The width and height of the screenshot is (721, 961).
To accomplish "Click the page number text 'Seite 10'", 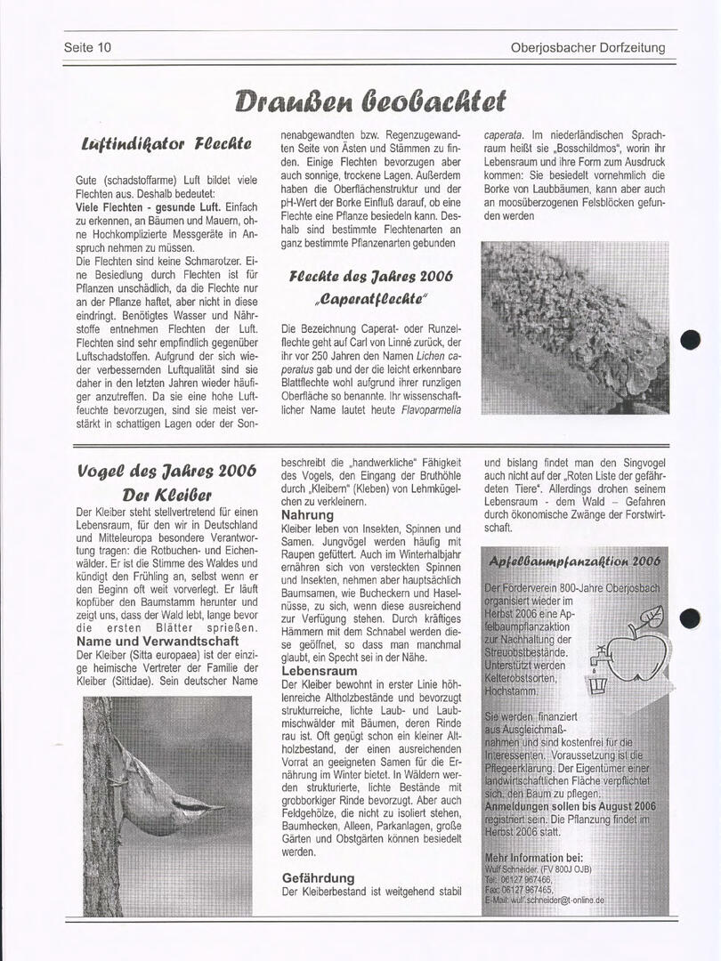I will (x=87, y=48).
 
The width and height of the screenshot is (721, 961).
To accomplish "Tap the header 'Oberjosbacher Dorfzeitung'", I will (x=587, y=48).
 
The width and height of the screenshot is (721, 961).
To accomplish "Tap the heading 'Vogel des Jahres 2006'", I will (x=166, y=471).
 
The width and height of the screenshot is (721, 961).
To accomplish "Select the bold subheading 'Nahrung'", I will (x=307, y=514).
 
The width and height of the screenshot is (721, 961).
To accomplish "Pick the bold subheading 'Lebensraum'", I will (x=320, y=669).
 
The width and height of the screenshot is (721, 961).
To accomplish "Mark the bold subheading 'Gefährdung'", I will (x=318, y=877).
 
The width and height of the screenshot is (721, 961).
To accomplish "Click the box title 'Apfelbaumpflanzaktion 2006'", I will (x=574, y=561).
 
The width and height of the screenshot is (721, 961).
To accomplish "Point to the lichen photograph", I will (x=574, y=327).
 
